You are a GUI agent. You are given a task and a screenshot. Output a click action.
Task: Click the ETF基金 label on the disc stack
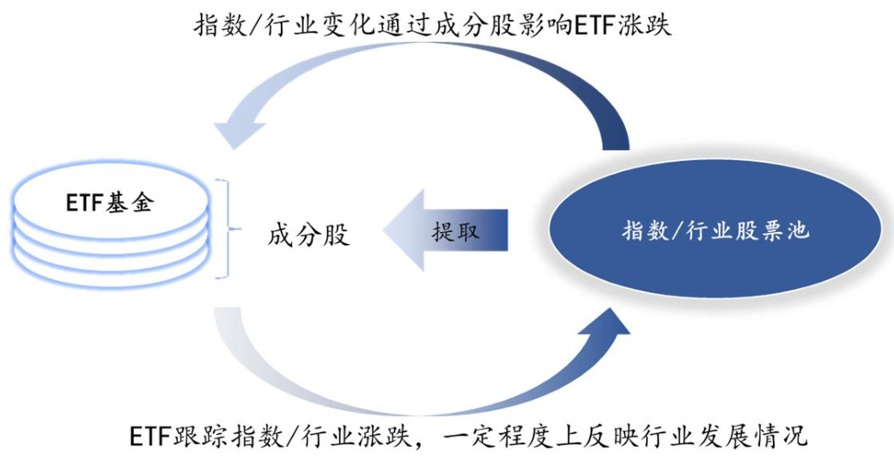point(110,202)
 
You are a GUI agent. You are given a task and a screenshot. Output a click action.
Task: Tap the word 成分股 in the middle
point(308,234)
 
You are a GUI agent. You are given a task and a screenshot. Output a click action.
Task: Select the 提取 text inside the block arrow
point(455,230)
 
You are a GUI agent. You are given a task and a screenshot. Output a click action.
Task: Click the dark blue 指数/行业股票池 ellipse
point(715,230)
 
